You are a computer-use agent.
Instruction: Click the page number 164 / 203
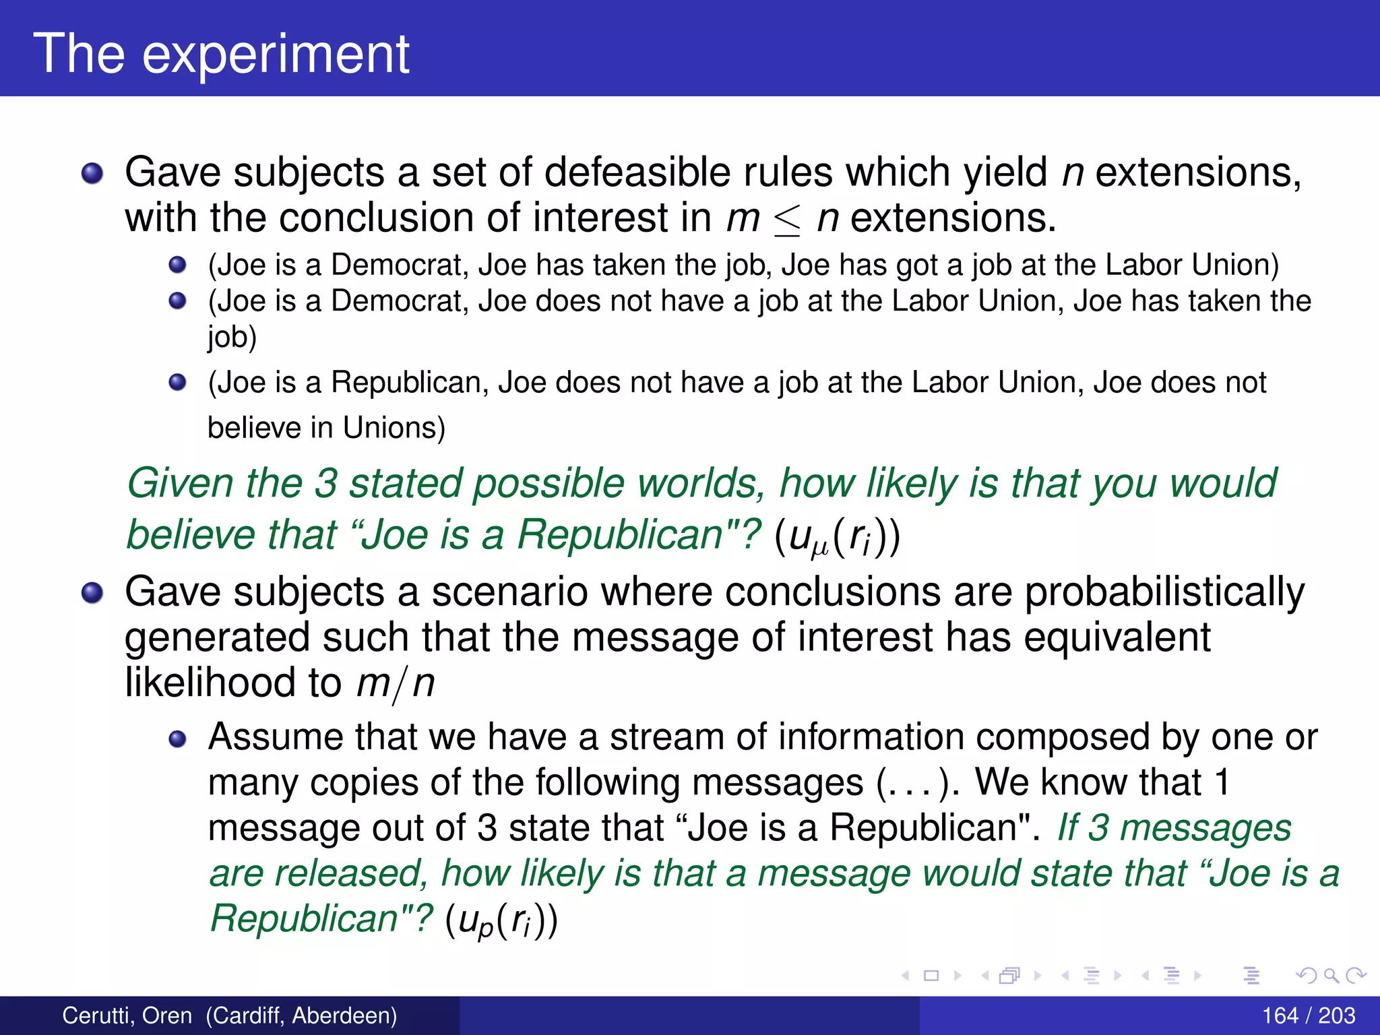(x=1308, y=1015)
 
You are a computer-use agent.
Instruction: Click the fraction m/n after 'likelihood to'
(x=395, y=683)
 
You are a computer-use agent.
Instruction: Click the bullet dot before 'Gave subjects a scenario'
(x=92, y=593)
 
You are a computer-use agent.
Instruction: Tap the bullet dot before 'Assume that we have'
(x=177, y=739)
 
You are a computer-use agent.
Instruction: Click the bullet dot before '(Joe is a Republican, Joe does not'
(x=177, y=383)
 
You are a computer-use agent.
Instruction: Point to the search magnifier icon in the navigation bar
(x=1330, y=976)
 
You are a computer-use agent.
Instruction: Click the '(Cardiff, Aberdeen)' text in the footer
(x=301, y=1015)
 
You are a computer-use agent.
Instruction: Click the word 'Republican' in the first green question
(x=620, y=535)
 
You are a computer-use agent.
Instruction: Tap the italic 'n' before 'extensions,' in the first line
(x=1072, y=173)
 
